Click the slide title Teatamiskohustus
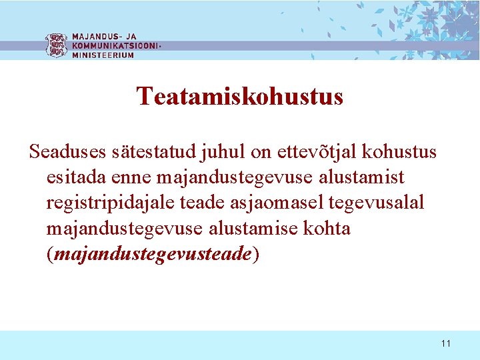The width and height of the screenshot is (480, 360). (240, 97)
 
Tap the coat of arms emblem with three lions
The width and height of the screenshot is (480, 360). (57, 45)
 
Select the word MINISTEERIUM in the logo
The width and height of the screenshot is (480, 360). (103, 55)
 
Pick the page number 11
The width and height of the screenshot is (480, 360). (446, 343)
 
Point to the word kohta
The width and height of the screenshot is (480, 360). (327, 228)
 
